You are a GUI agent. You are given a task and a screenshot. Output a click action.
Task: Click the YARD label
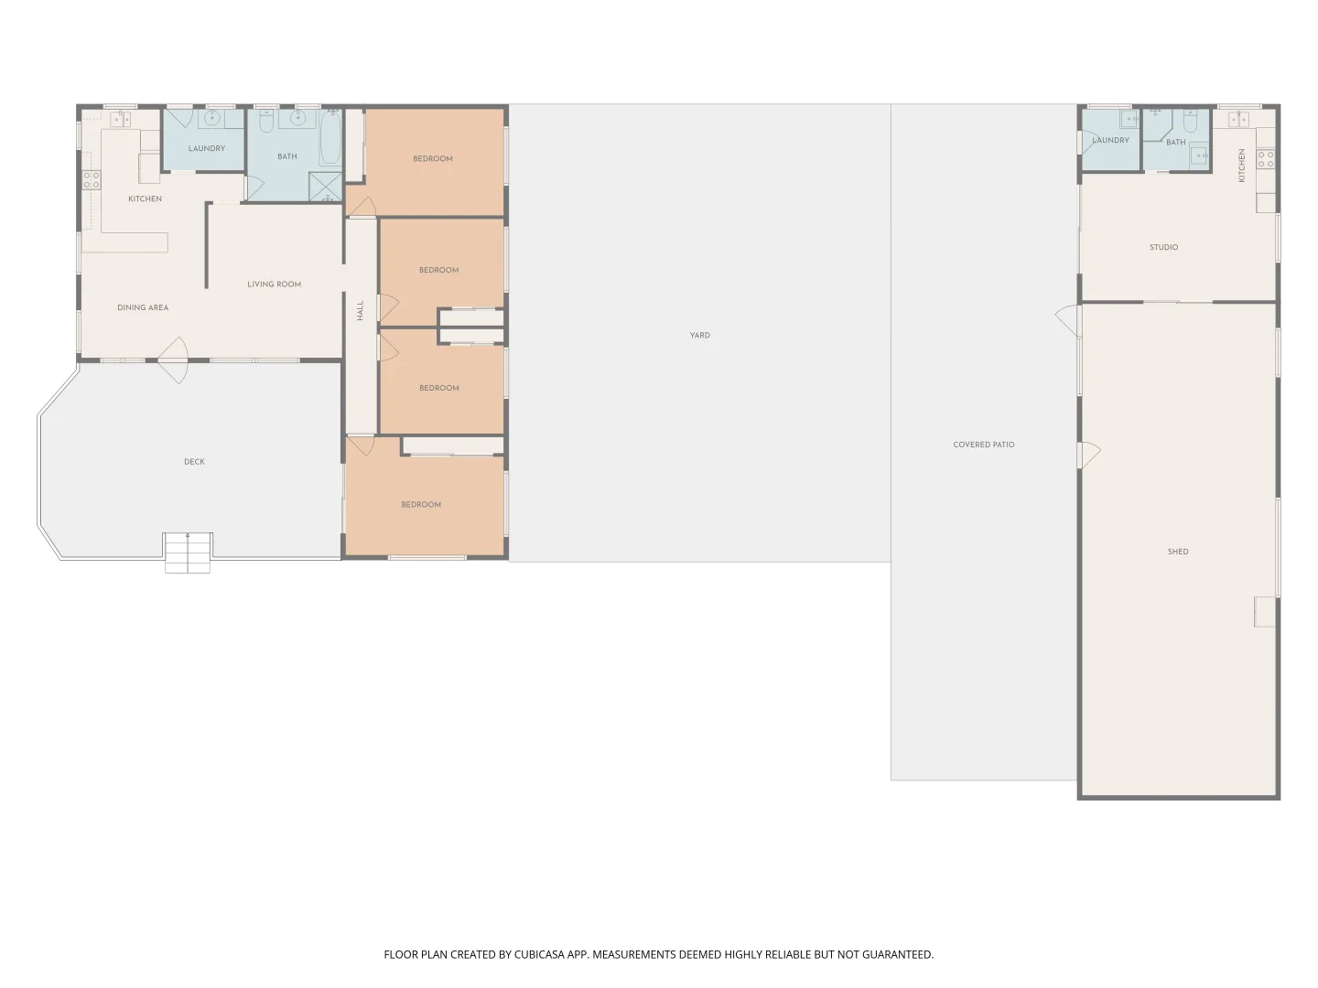tap(699, 336)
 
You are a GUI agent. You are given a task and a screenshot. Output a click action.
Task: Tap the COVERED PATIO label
tap(984, 445)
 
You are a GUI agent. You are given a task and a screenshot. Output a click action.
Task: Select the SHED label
tap(1177, 552)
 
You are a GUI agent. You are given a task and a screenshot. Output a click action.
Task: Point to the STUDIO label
tap(1163, 247)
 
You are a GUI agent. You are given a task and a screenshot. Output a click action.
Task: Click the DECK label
tap(194, 462)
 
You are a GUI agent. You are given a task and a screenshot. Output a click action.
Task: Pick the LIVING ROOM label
tap(274, 285)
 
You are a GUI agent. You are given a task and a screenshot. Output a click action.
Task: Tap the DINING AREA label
tap(143, 307)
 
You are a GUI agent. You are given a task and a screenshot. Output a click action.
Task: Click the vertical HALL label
tap(361, 311)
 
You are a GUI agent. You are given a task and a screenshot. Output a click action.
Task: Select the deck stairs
tap(188, 553)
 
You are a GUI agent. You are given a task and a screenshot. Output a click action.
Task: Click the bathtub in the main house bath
tap(329, 138)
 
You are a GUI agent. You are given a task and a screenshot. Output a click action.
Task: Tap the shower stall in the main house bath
tap(326, 186)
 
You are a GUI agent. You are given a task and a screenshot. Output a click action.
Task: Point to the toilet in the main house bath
tap(266, 121)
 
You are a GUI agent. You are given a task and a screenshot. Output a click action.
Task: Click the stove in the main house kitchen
tap(92, 179)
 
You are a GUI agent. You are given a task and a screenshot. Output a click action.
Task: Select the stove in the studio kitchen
tap(1266, 159)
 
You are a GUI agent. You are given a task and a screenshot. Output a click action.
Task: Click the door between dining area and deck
tap(174, 360)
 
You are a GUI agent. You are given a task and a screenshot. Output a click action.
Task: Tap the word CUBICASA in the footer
tap(538, 954)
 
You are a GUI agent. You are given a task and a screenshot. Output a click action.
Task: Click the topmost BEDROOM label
tap(432, 159)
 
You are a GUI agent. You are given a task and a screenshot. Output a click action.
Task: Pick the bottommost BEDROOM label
tap(421, 504)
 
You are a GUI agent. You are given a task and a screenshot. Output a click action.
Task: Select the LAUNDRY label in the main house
tap(207, 148)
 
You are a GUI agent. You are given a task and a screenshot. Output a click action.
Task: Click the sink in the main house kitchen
tap(120, 119)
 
